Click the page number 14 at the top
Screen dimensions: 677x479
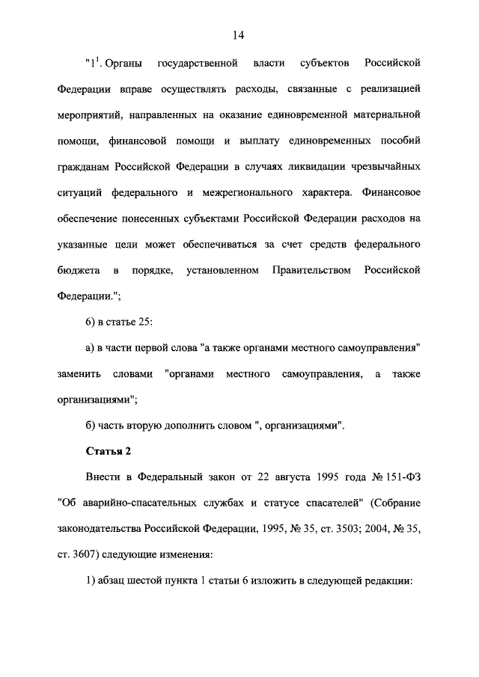tap(239, 34)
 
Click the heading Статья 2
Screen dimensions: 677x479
tap(108, 450)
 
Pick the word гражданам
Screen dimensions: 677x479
tap(82, 165)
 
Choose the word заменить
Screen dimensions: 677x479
tap(76, 373)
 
